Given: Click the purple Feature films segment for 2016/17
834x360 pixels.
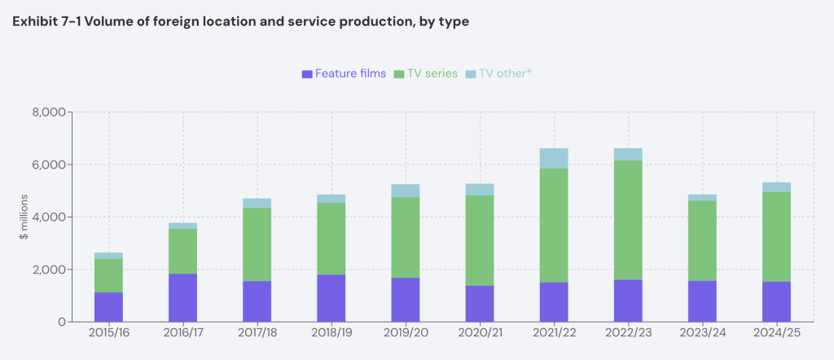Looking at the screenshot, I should click(182, 297).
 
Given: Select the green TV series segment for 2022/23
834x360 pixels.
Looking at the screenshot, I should click(628, 220).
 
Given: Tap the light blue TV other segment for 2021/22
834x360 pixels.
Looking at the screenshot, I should click(554, 158).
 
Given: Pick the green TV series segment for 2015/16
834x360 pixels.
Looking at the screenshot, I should click(108, 275).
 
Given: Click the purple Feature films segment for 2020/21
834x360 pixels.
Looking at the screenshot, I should click(480, 303).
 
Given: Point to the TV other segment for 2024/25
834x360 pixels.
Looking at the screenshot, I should click(776, 187).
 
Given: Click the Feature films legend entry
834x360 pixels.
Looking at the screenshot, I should click(344, 73).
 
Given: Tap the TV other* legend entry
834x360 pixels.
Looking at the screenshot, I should click(498, 73).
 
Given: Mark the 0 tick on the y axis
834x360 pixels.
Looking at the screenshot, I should click(60, 322).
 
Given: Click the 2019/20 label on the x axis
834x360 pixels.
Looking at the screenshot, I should click(406, 334).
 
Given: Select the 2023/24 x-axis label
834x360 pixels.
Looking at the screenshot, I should click(702, 334).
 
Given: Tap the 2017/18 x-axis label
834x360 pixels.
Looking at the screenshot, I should click(257, 334).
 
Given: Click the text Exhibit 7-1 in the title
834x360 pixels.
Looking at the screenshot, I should click(48, 20).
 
